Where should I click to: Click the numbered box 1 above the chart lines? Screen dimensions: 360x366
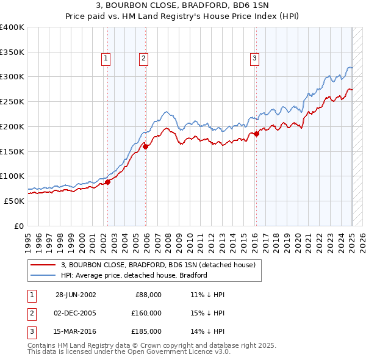(106, 59)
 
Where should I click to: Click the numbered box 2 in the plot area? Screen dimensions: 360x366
(143, 59)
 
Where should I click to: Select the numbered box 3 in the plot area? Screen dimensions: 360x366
(254, 59)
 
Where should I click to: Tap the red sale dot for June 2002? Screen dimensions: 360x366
(107, 181)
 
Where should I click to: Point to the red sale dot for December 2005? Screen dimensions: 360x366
(146, 146)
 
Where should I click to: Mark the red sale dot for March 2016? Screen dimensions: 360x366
(256, 134)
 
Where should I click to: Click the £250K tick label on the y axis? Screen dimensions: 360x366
(12, 102)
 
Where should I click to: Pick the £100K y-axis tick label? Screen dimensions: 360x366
(12, 176)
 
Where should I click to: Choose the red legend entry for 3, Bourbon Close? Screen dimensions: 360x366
(161, 265)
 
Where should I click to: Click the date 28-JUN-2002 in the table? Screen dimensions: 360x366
(76, 295)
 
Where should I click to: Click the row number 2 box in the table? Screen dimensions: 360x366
(30, 313)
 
